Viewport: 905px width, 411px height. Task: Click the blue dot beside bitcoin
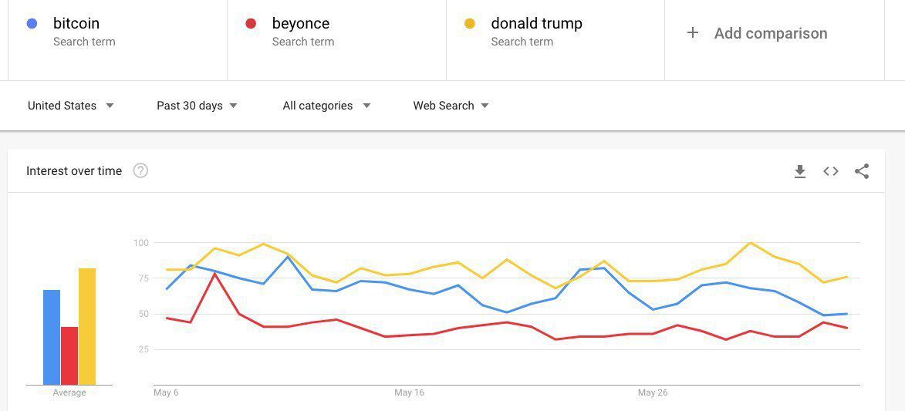tap(32, 24)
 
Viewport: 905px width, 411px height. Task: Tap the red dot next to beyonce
tap(251, 24)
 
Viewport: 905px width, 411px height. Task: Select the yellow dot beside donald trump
tap(470, 24)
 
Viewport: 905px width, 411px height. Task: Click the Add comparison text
tap(771, 33)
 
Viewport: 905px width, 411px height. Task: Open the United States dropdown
tap(70, 106)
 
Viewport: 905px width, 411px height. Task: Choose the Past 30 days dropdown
tap(197, 106)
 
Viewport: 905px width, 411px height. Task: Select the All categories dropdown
tap(326, 106)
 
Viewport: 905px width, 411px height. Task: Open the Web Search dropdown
tap(451, 106)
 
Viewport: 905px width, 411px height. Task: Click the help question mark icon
tap(141, 171)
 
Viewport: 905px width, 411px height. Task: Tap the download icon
tap(800, 171)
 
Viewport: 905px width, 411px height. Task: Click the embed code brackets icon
tap(830, 171)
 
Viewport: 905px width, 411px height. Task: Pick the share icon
tap(862, 171)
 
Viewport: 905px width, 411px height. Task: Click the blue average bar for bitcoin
tap(52, 337)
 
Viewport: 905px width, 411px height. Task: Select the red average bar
tap(69, 355)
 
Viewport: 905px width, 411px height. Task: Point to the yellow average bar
tap(87, 327)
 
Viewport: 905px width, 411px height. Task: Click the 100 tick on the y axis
tap(141, 242)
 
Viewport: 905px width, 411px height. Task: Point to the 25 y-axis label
tap(144, 349)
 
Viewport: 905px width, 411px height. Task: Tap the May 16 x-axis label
tap(409, 392)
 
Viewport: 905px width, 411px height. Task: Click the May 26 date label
tap(653, 392)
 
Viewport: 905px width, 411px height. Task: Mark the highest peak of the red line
tap(214, 273)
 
